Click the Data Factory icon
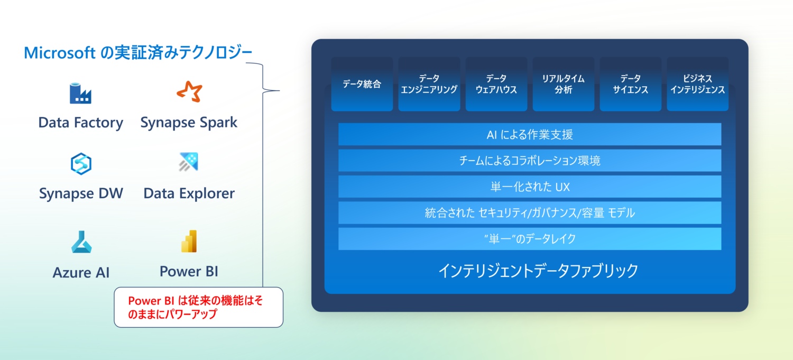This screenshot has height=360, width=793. coord(80,93)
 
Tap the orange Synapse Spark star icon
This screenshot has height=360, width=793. coord(190,92)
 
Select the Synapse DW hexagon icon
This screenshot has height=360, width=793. coord(81,163)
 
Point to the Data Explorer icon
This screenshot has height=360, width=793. coord(189,162)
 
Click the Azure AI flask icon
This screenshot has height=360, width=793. coord(81,242)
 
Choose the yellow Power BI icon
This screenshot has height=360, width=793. coord(189,242)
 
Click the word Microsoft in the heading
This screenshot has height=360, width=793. coord(59,53)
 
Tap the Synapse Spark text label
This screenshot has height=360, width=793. coord(189,123)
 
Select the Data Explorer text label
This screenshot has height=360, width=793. coord(189,193)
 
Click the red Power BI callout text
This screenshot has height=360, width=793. coord(196,307)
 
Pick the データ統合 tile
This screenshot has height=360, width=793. coord(362,84)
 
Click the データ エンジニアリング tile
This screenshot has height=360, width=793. coord(429,84)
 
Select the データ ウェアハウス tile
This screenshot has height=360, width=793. coord(496,84)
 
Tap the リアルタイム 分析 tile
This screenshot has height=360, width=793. coord(563,84)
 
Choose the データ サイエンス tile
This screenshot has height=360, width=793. coord(631,84)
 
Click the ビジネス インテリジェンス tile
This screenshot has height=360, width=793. coord(698,84)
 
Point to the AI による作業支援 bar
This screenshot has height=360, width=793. coord(530,134)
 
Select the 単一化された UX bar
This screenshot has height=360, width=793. coord(530,187)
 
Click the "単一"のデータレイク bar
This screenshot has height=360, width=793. coord(530,239)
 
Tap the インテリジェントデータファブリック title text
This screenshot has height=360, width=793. coord(538,271)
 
